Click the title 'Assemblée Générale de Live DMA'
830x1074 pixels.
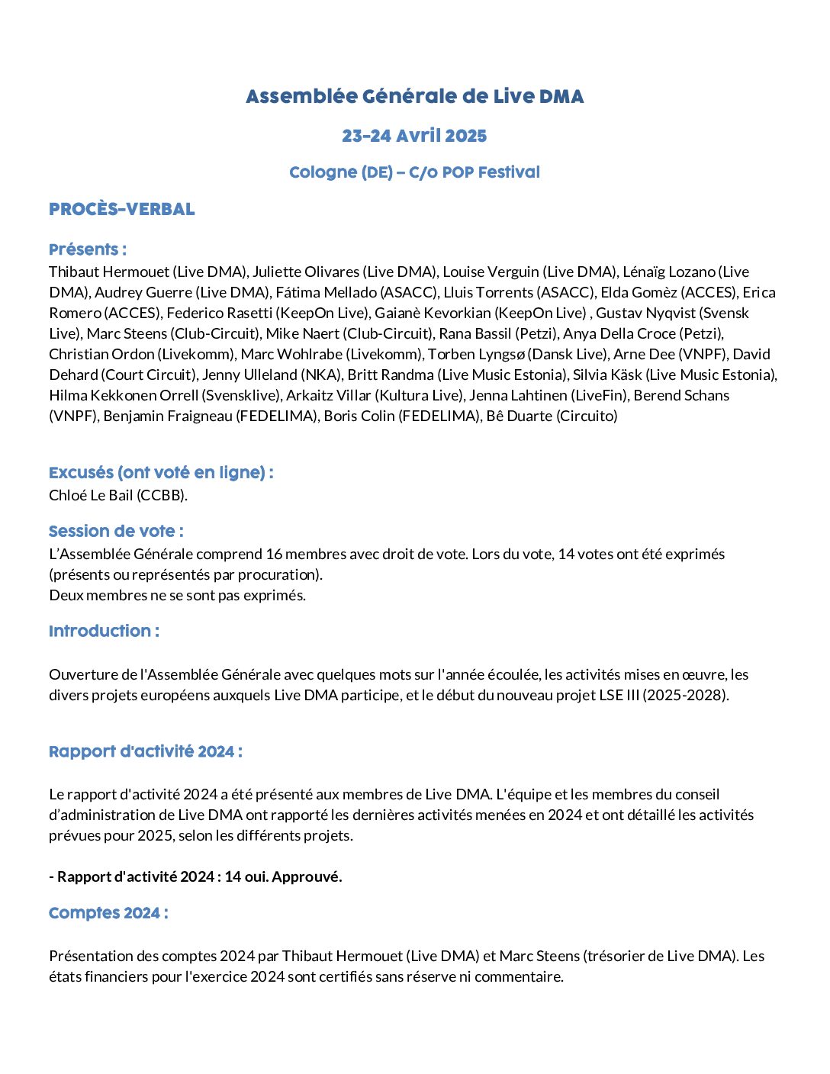[x=414, y=97]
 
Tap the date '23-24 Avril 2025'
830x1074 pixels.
[x=414, y=136]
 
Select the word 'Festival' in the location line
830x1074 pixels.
[x=509, y=172]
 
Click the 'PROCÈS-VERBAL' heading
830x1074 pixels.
[x=122, y=209]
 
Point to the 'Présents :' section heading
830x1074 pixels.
[x=88, y=249]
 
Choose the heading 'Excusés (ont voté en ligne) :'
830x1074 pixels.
[x=161, y=473]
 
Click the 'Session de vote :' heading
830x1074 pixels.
[x=116, y=532]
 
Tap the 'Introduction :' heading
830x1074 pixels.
[x=104, y=632]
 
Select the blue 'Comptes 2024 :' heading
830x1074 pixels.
[x=108, y=913]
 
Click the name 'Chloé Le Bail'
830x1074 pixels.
[x=91, y=495]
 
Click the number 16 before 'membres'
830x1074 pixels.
[x=272, y=554]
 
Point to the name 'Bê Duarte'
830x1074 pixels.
[x=520, y=416]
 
